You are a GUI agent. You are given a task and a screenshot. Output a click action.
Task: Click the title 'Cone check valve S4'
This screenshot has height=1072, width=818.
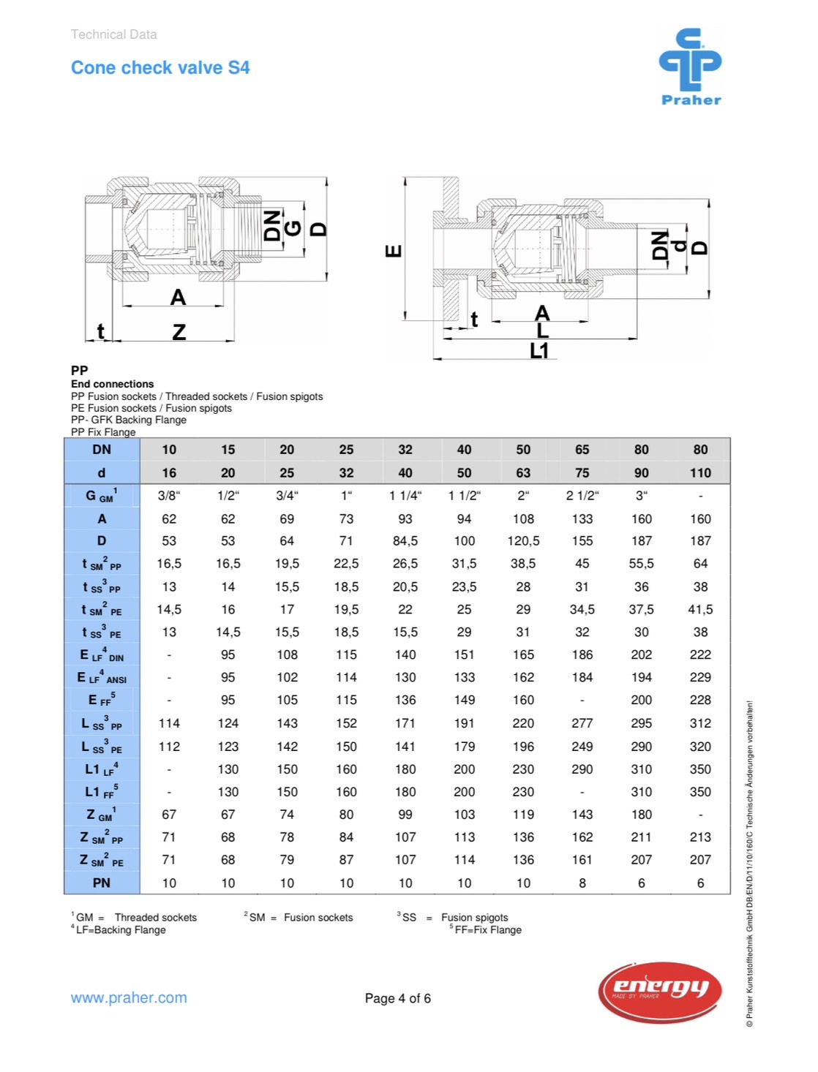(x=160, y=68)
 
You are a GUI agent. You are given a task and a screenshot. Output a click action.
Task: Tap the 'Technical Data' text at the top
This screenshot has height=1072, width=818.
(x=113, y=34)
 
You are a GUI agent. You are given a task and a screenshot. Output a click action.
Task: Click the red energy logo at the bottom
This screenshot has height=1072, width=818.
(x=661, y=991)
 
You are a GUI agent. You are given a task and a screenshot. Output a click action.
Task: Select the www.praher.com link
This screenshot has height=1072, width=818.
(x=129, y=997)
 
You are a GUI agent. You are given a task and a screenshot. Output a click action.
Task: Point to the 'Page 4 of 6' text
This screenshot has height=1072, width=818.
(x=397, y=998)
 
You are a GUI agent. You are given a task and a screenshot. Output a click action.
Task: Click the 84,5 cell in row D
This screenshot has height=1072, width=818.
(x=405, y=541)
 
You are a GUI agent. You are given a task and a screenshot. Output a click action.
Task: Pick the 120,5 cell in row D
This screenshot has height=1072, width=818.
(x=523, y=541)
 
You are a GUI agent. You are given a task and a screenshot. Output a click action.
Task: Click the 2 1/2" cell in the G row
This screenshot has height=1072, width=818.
(x=582, y=496)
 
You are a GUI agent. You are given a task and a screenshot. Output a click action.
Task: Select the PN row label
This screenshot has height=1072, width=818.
(x=102, y=883)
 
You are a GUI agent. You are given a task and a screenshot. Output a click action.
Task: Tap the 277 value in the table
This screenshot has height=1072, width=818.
(x=582, y=723)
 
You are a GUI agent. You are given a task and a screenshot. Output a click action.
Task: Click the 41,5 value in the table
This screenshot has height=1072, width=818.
(x=700, y=609)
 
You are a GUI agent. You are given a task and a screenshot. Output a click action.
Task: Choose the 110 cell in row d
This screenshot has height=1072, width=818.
(x=700, y=473)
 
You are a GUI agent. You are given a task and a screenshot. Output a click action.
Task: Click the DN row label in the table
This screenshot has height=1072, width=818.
(x=102, y=450)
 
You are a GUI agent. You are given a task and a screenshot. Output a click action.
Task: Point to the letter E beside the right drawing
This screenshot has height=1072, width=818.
(x=394, y=252)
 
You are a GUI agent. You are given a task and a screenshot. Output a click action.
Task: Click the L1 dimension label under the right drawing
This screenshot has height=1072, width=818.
(x=539, y=351)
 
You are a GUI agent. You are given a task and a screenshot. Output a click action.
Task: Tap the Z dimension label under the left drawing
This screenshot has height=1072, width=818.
(x=179, y=333)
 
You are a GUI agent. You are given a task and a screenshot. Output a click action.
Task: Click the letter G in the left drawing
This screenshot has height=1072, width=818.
(x=293, y=228)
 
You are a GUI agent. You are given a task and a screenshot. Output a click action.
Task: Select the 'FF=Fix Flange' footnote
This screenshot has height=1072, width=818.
(x=487, y=930)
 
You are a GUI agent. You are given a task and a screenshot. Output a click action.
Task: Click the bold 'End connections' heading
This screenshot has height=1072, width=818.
(x=113, y=384)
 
